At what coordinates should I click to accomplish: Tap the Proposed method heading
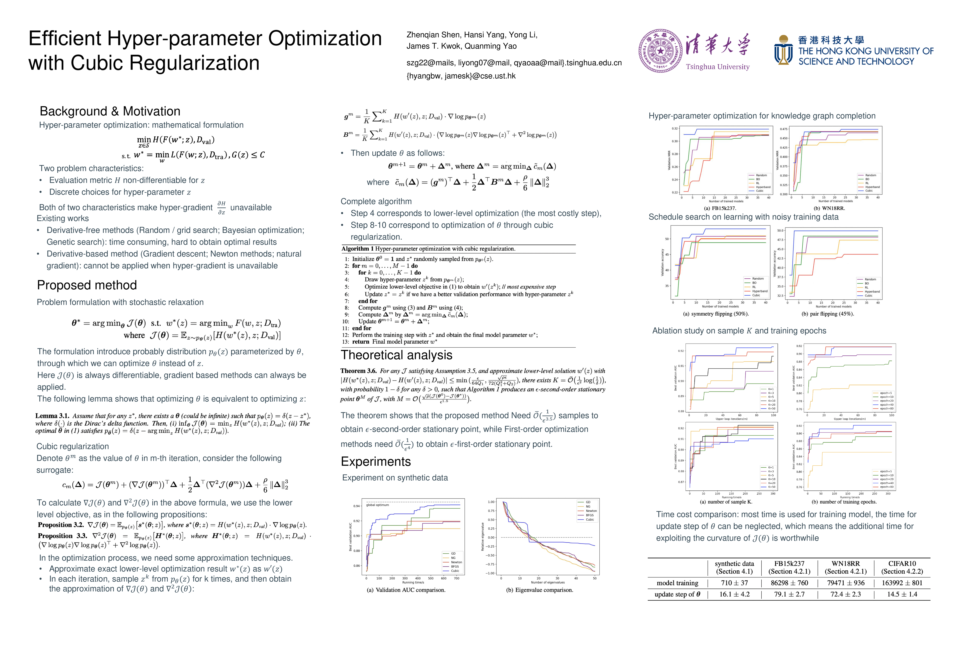[x=87, y=285]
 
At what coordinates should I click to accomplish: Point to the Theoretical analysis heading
[x=396, y=355]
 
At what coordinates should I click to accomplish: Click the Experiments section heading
[x=376, y=462]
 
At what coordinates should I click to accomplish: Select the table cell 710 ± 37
[x=734, y=583]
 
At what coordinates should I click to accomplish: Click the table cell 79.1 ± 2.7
[x=789, y=594]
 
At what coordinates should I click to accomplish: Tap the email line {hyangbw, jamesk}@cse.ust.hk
[x=461, y=76]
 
